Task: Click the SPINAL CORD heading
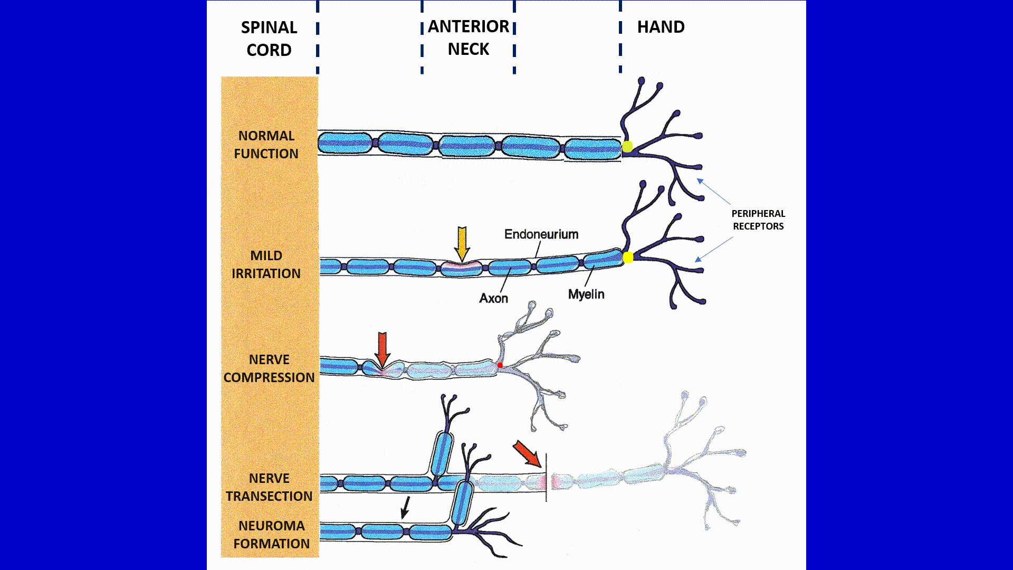[269, 39]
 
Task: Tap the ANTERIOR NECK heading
[469, 37]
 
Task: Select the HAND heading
[661, 27]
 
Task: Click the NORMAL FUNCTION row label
[266, 145]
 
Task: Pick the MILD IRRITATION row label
[266, 264]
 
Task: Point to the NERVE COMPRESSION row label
[269, 368]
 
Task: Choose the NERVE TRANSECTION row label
[269, 487]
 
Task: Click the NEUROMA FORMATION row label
[271, 535]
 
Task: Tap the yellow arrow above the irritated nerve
[462, 243]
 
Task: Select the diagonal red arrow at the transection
[527, 454]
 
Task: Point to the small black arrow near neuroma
[405, 507]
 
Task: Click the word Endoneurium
[541, 234]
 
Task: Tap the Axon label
[493, 298]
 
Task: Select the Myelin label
[586, 294]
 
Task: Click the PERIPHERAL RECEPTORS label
[758, 220]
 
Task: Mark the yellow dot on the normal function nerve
[627, 147]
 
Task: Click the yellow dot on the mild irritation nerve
[628, 258]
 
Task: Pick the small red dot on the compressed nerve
[500, 365]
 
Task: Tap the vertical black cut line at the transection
[546, 478]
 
